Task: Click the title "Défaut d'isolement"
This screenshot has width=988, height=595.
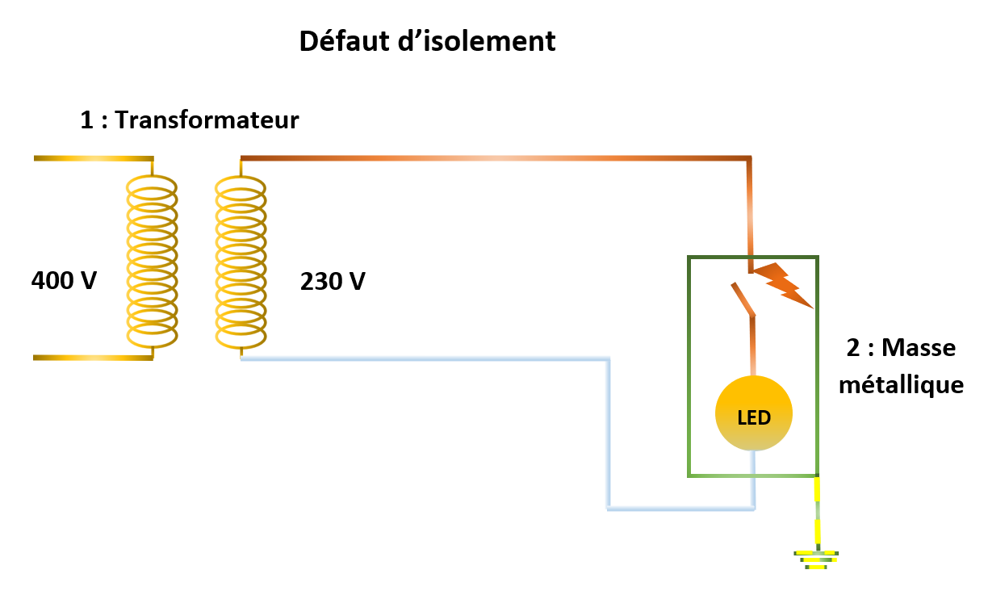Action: [427, 40]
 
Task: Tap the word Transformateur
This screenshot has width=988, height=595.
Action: [207, 120]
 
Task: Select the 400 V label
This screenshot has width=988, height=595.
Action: [64, 281]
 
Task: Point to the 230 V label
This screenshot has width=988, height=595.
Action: [333, 282]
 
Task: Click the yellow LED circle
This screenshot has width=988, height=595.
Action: [754, 415]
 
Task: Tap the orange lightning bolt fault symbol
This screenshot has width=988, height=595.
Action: [783, 284]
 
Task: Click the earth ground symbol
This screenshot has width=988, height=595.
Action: [818, 559]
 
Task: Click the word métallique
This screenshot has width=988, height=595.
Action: [901, 385]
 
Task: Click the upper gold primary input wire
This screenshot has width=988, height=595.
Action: [93, 159]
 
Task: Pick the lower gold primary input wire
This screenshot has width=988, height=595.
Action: [93, 357]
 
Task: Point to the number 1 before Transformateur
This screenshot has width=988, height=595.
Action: [87, 120]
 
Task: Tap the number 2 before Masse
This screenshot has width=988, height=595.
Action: [852, 349]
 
